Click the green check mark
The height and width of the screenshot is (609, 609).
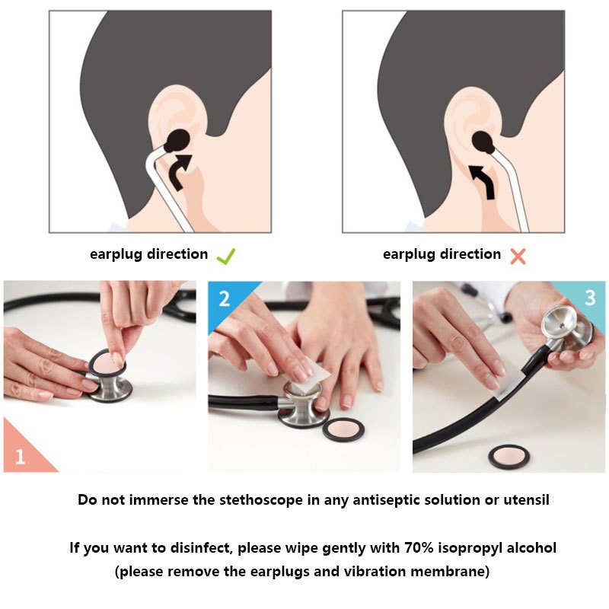click(x=225, y=257)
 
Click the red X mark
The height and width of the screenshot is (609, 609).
click(x=518, y=257)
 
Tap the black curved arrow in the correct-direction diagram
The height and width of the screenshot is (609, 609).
click(x=180, y=171)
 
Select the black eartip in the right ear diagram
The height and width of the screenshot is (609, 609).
click(x=483, y=142)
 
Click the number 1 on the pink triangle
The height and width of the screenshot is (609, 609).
click(x=20, y=456)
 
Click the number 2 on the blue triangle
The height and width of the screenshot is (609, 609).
click(x=224, y=298)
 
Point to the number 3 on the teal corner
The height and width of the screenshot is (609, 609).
click(x=590, y=298)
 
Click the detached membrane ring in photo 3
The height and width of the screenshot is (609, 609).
click(x=509, y=458)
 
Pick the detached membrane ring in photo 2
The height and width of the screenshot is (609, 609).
click(x=343, y=429)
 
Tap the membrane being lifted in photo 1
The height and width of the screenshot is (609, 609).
click(x=106, y=365)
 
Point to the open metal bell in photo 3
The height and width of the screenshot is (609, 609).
click(x=560, y=322)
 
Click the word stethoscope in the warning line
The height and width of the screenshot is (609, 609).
click(x=261, y=500)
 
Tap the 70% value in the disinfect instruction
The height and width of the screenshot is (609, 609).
click(x=419, y=547)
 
